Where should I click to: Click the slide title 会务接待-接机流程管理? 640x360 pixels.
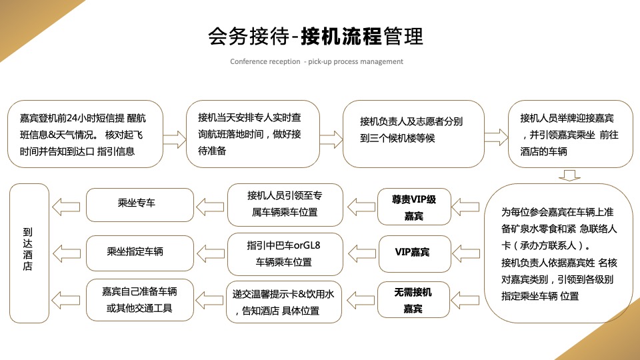[315, 35]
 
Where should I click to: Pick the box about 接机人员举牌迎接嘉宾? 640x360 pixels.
[570, 133]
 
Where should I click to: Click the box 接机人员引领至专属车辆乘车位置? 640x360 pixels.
[285, 204]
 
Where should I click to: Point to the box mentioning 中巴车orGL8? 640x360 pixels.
[285, 253]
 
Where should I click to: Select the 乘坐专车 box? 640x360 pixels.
[141, 203]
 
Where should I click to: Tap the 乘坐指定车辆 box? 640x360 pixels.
[141, 251]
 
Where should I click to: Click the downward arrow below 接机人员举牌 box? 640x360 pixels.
[569, 175]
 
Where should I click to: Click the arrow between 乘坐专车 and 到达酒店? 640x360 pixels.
[68, 204]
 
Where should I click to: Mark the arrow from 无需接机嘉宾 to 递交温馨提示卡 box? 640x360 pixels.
[361, 301]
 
